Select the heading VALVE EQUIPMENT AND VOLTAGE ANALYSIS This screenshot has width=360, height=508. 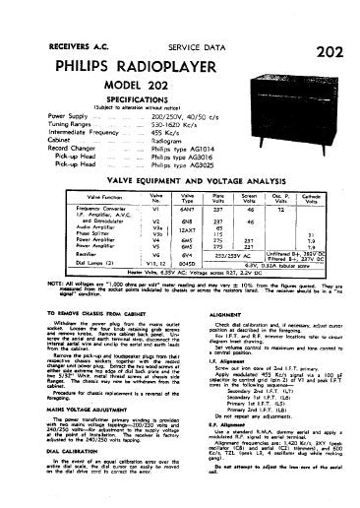pos(179,167)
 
